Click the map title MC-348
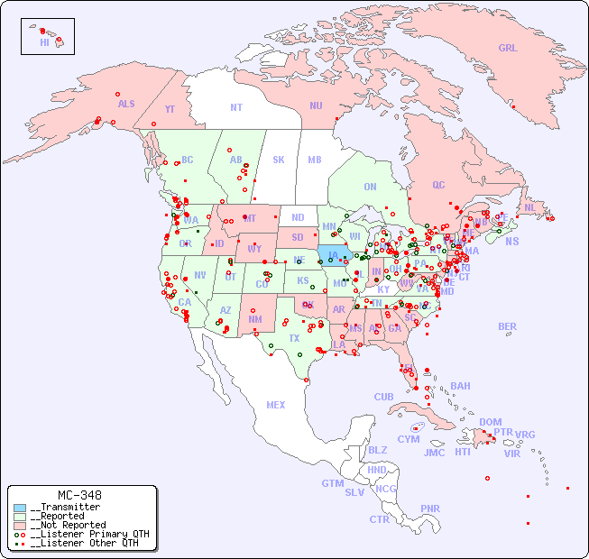pyautogui.click(x=79, y=495)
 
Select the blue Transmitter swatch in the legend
pyautogui.click(x=20, y=508)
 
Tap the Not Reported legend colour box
pyautogui.click(x=20, y=525)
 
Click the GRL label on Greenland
pyautogui.click(x=508, y=49)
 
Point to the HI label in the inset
pyautogui.click(x=44, y=42)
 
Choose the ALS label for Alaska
pyautogui.click(x=126, y=104)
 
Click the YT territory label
pyautogui.click(x=170, y=109)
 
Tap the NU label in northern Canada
pyautogui.click(x=316, y=105)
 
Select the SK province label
pyautogui.click(x=279, y=160)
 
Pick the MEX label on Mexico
pyautogui.click(x=276, y=405)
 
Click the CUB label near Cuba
pyautogui.click(x=384, y=397)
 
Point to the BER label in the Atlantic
pyautogui.click(x=507, y=326)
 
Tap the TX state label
pyautogui.click(x=294, y=338)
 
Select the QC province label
pyautogui.click(x=438, y=185)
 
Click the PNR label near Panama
pyautogui.click(x=430, y=509)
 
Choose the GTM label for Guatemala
pyautogui.click(x=332, y=483)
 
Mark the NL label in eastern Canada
pyautogui.click(x=530, y=207)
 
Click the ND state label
pyautogui.click(x=298, y=217)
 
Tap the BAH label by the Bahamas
pyautogui.click(x=460, y=386)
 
